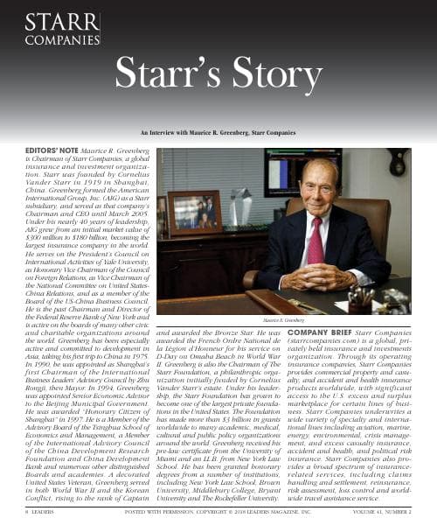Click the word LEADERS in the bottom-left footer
coord(26,514)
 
